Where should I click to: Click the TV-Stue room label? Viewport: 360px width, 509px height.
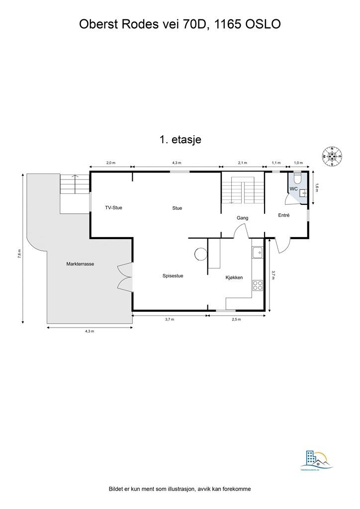pyautogui.click(x=113, y=208)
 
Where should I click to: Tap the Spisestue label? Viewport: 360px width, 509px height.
pyautogui.click(x=173, y=276)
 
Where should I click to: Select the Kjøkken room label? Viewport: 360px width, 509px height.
pyautogui.click(x=234, y=277)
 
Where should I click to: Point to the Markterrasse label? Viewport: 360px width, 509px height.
pyautogui.click(x=80, y=264)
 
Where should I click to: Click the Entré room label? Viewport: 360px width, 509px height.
pyautogui.click(x=283, y=215)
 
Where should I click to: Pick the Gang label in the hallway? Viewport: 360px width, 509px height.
pyautogui.click(x=242, y=218)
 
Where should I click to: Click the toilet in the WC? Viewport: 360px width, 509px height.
pyautogui.click(x=297, y=177)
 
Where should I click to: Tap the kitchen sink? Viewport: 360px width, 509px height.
pyautogui.click(x=258, y=253)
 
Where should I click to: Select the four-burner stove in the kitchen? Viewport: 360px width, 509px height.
pyautogui.click(x=258, y=285)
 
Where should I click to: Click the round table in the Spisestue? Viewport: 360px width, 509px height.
pyautogui.click(x=200, y=254)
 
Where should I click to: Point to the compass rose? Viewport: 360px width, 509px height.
pyautogui.click(x=334, y=156)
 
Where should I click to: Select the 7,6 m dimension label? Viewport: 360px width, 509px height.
pyautogui.click(x=19, y=254)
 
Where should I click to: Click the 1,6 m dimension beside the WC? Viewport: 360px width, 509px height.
pyautogui.click(x=317, y=187)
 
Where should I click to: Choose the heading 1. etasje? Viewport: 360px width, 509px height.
pyautogui.click(x=180, y=140)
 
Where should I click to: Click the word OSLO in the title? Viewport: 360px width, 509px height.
pyautogui.click(x=263, y=24)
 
